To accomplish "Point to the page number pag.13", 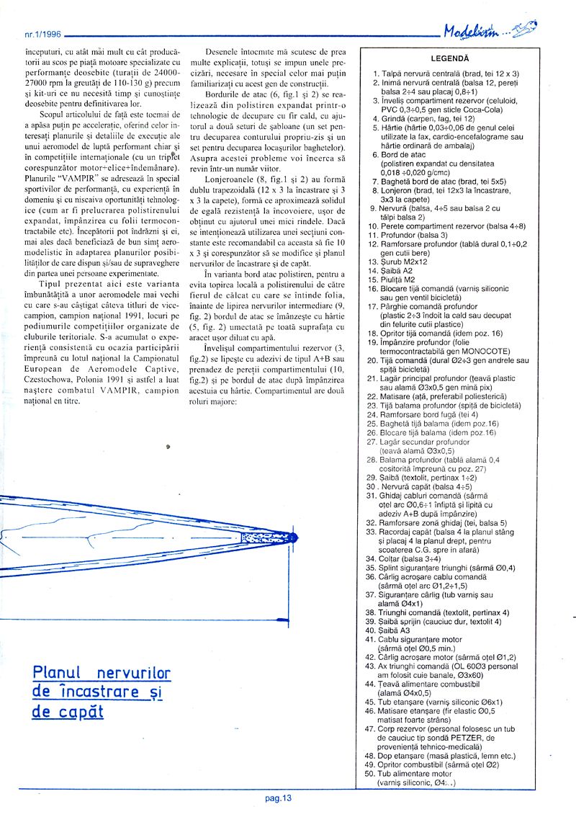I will [x=277, y=797].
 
